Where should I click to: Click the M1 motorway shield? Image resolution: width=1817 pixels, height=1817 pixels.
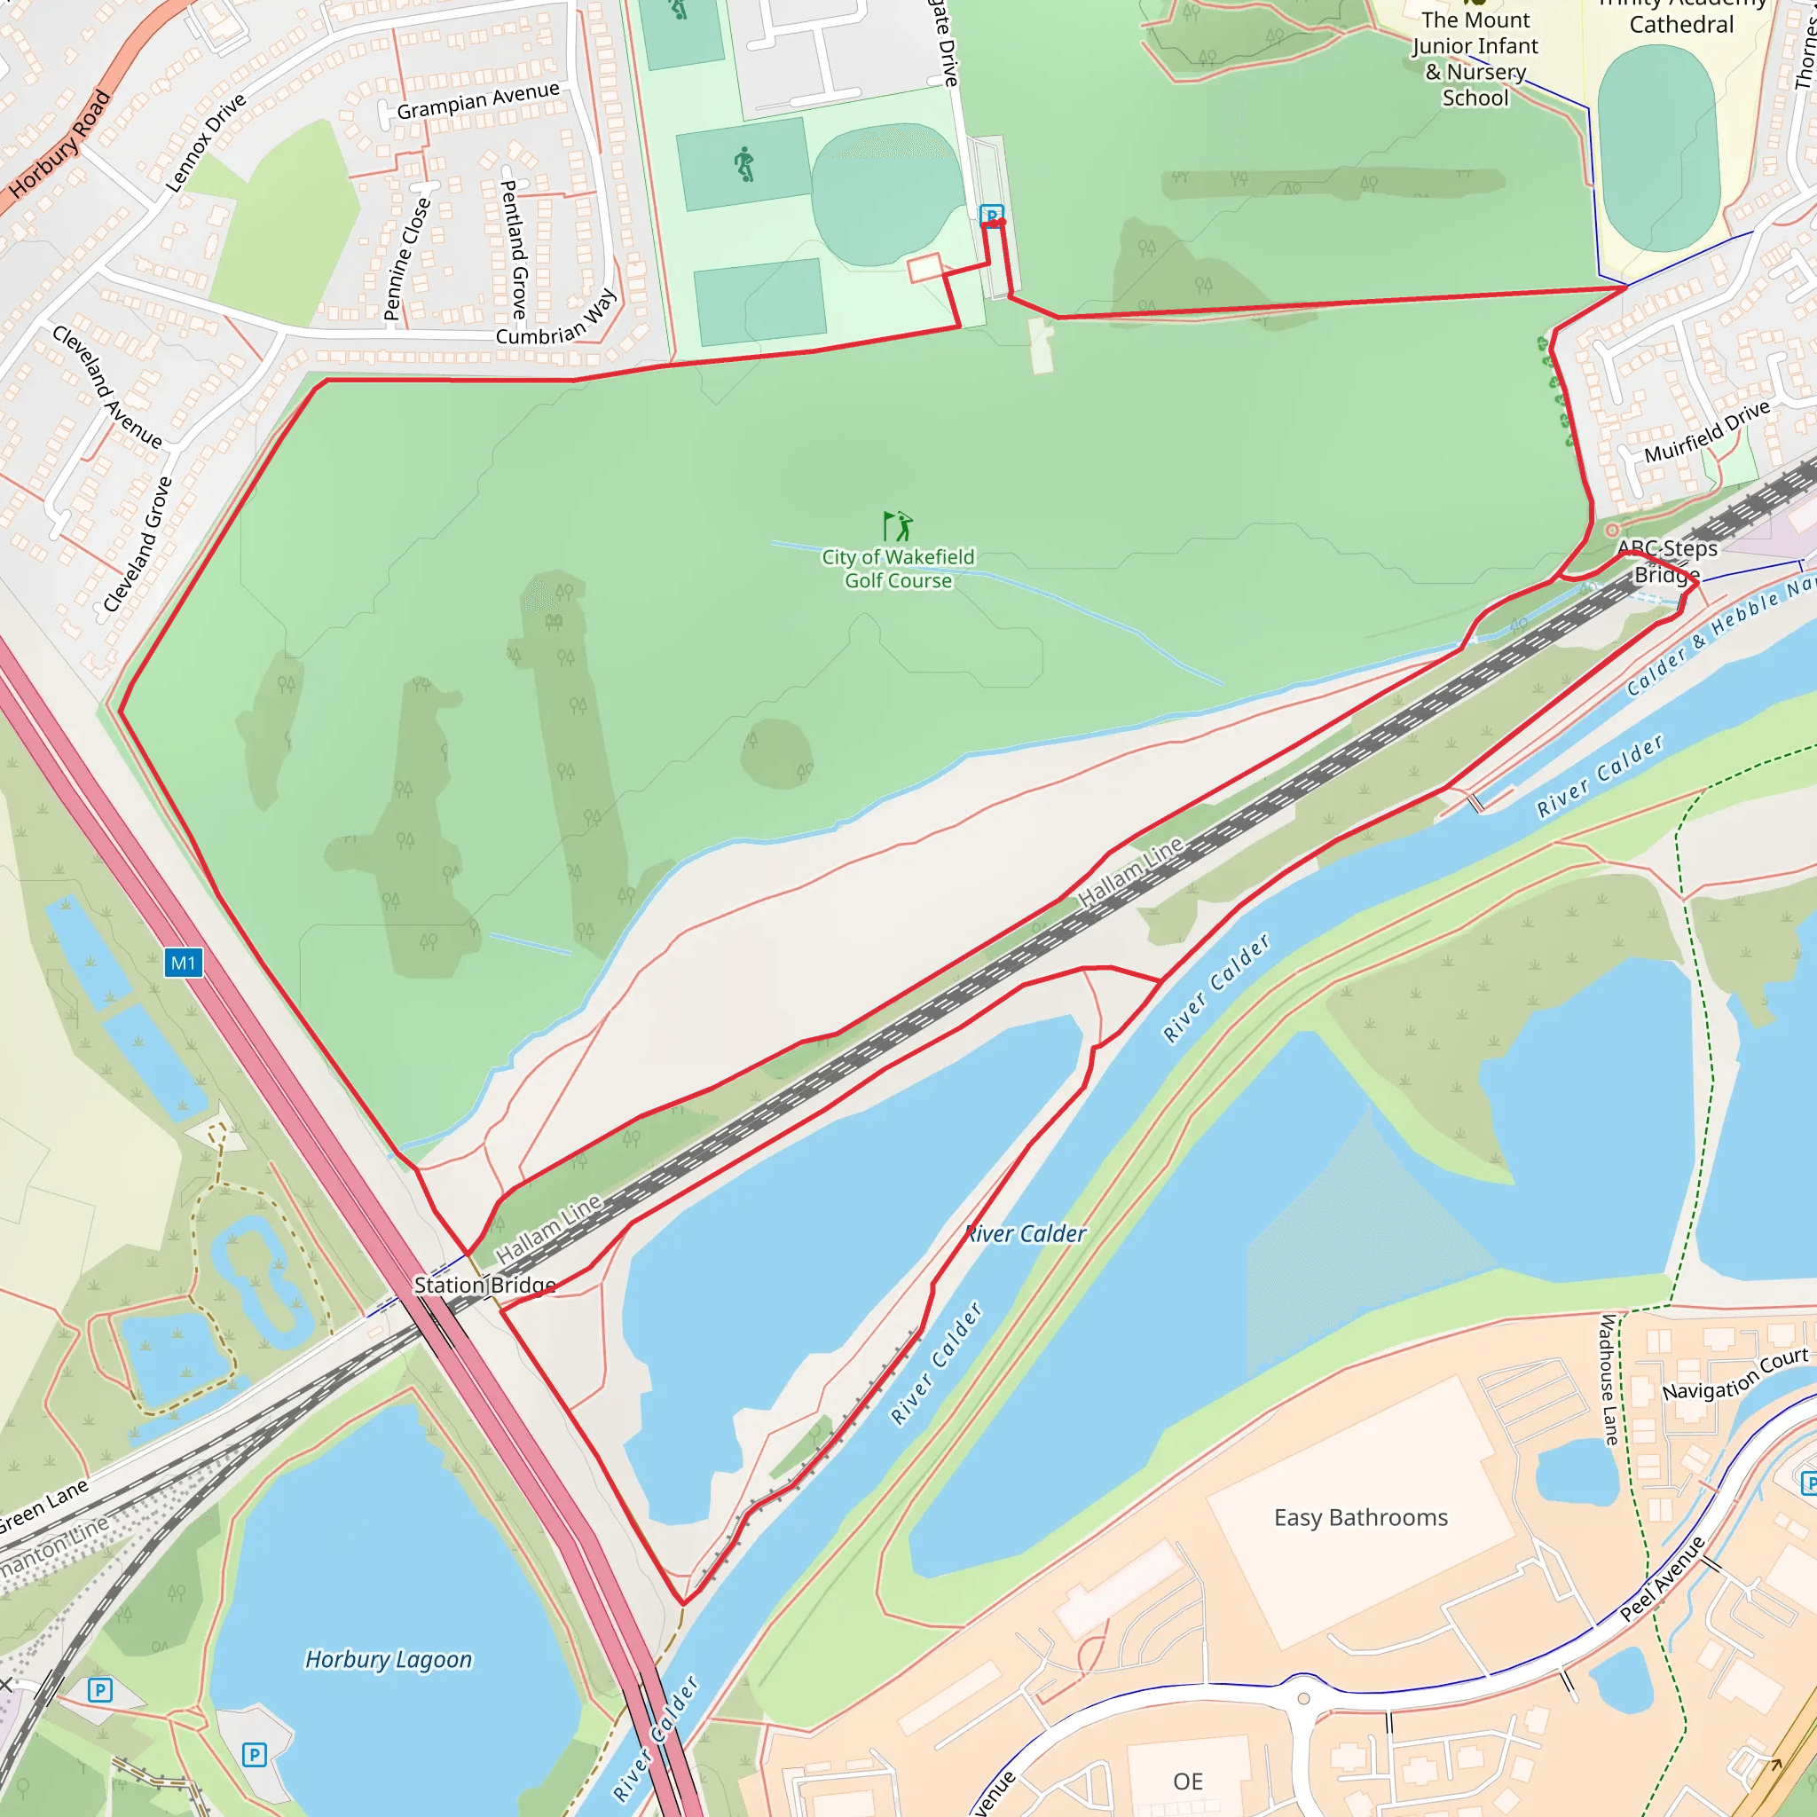184,963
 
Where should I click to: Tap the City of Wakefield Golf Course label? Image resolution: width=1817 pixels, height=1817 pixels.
898,569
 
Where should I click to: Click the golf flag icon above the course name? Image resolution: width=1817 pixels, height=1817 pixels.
897,526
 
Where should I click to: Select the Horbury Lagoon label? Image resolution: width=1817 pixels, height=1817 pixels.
389,1659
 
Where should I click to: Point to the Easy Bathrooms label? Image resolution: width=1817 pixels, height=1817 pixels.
1360,1517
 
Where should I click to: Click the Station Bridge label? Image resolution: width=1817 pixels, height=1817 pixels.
484,1285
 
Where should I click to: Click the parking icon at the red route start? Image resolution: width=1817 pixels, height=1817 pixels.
990,216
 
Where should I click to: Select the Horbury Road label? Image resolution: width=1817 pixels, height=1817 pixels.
60,144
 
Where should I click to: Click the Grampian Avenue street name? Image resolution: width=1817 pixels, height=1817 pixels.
478,100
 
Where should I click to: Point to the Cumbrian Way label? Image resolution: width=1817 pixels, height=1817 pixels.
555,317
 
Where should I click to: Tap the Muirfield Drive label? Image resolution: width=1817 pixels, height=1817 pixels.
1707,430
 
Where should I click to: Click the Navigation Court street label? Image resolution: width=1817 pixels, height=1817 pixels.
1735,1374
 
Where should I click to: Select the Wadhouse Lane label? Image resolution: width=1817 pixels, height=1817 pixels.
1609,1380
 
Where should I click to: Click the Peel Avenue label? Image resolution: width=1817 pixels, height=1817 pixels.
1662,1579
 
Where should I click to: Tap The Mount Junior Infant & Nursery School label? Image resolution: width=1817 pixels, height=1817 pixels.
1475,59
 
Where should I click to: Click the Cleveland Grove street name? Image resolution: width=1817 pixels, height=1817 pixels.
138,545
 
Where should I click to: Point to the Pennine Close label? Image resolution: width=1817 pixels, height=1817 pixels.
407,259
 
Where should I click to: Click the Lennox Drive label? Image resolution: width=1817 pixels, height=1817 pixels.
206,142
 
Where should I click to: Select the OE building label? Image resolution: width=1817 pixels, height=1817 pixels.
1188,1782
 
